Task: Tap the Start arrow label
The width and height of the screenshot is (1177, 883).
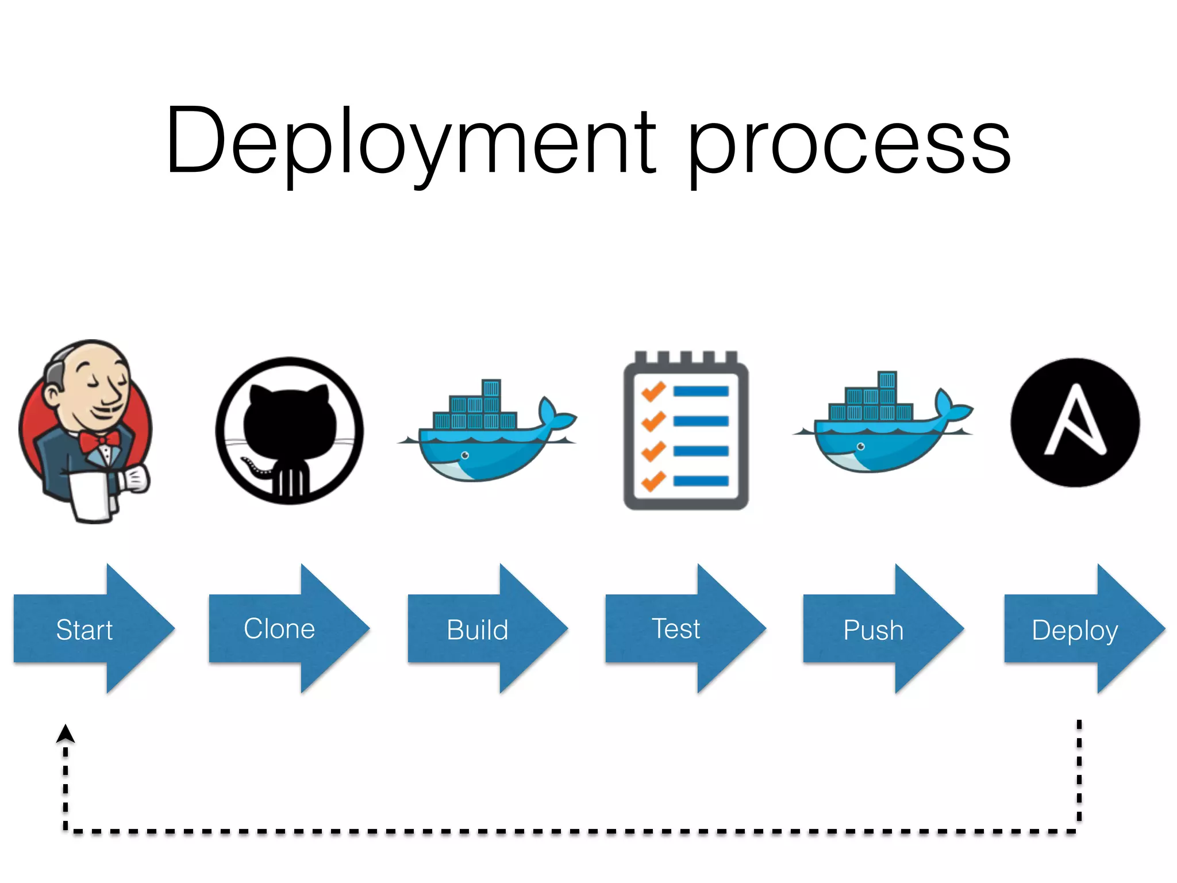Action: click(84, 629)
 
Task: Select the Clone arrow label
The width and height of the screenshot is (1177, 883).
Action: click(279, 628)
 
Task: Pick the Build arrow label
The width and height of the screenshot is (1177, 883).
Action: click(478, 629)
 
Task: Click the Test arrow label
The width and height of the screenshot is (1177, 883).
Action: click(676, 628)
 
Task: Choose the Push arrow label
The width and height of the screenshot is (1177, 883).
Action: click(873, 630)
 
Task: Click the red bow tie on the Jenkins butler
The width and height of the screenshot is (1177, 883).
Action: click(99, 442)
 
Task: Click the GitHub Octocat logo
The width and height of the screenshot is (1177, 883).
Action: click(290, 431)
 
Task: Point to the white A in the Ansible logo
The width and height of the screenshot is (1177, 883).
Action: click(1075, 423)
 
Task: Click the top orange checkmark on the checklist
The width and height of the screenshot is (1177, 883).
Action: click(653, 392)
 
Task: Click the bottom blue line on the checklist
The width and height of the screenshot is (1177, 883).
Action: click(701, 481)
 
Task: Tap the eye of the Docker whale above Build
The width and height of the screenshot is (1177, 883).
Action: click(464, 455)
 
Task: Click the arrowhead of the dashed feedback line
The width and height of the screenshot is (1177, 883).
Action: click(66, 734)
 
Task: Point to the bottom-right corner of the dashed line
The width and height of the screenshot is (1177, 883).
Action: click(1079, 831)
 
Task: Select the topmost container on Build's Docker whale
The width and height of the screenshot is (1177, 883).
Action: click(491, 388)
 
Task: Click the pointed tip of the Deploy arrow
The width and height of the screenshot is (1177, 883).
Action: click(1163, 628)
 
